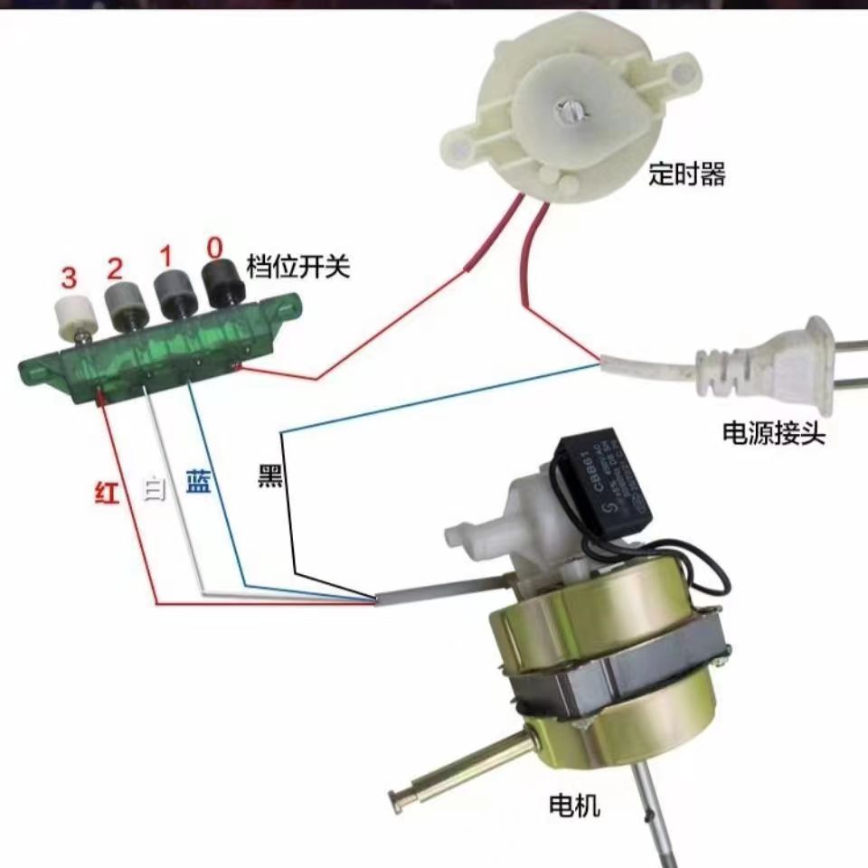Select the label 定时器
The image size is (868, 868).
point(687,175)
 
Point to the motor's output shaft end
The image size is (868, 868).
point(399,798)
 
